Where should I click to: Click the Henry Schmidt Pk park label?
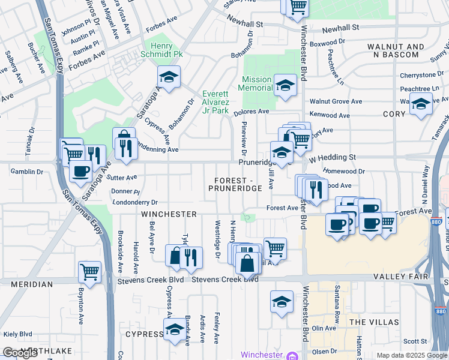coord(161,50)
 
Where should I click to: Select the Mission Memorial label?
coord(257,83)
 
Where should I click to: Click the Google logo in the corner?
coord(20,353)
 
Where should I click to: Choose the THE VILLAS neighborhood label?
coord(374,322)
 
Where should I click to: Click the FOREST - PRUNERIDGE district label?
coord(235,184)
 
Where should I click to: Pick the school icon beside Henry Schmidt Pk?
coord(169,77)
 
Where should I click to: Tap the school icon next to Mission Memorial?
coord(285,84)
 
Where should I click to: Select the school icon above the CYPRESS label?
coord(175,329)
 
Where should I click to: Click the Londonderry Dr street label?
coord(134,203)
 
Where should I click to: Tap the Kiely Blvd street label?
coord(17,334)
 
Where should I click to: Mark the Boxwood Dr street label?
coord(330,42)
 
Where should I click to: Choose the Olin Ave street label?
coord(324,328)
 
